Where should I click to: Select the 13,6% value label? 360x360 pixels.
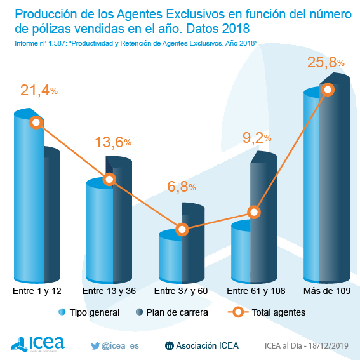pos(112,142)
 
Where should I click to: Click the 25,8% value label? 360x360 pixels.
pos(325,62)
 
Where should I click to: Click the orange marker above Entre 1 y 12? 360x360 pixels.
pos(36,122)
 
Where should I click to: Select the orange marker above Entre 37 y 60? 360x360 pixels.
pos(182,229)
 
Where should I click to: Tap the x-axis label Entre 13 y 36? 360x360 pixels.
pos(109,290)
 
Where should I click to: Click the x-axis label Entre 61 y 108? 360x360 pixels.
pos(255,290)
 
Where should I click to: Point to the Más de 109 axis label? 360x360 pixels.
pos(327,290)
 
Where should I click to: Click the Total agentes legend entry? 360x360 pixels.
pos(267,312)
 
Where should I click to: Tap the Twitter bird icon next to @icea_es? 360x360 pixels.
pos(96,345)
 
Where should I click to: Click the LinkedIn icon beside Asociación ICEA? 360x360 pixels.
pos(169,346)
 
